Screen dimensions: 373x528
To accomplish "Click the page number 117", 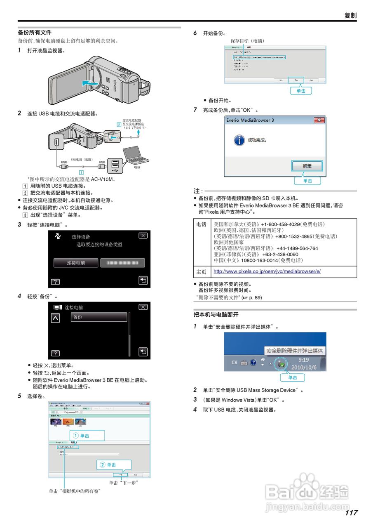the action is (x=351, y=513).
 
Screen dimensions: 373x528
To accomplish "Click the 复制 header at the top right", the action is (x=350, y=16).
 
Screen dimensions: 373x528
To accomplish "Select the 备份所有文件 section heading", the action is (x=35, y=32).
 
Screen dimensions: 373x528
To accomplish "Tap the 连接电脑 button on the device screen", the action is (x=76, y=263).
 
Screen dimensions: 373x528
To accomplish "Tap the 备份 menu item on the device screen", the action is (x=99, y=317).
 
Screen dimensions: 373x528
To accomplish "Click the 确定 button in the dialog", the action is (x=307, y=166).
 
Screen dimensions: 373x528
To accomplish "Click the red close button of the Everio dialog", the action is (x=319, y=120).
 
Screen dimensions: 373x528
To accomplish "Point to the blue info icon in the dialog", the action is (x=239, y=140).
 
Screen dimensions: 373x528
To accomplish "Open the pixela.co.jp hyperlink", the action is (x=267, y=271).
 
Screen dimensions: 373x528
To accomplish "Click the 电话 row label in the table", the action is (x=202, y=224).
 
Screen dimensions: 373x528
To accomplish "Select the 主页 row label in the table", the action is (x=202, y=272).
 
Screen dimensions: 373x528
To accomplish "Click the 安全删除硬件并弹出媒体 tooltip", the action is (x=295, y=351).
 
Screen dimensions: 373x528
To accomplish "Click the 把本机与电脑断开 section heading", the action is (x=216, y=314).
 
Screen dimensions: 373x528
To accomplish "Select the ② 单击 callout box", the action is (x=114, y=464).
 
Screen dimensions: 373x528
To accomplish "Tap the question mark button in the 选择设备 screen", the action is (x=55, y=282).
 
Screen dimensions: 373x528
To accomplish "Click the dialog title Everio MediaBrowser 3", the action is (x=250, y=120).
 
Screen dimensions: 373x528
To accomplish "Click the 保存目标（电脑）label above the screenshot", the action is (x=247, y=41).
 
